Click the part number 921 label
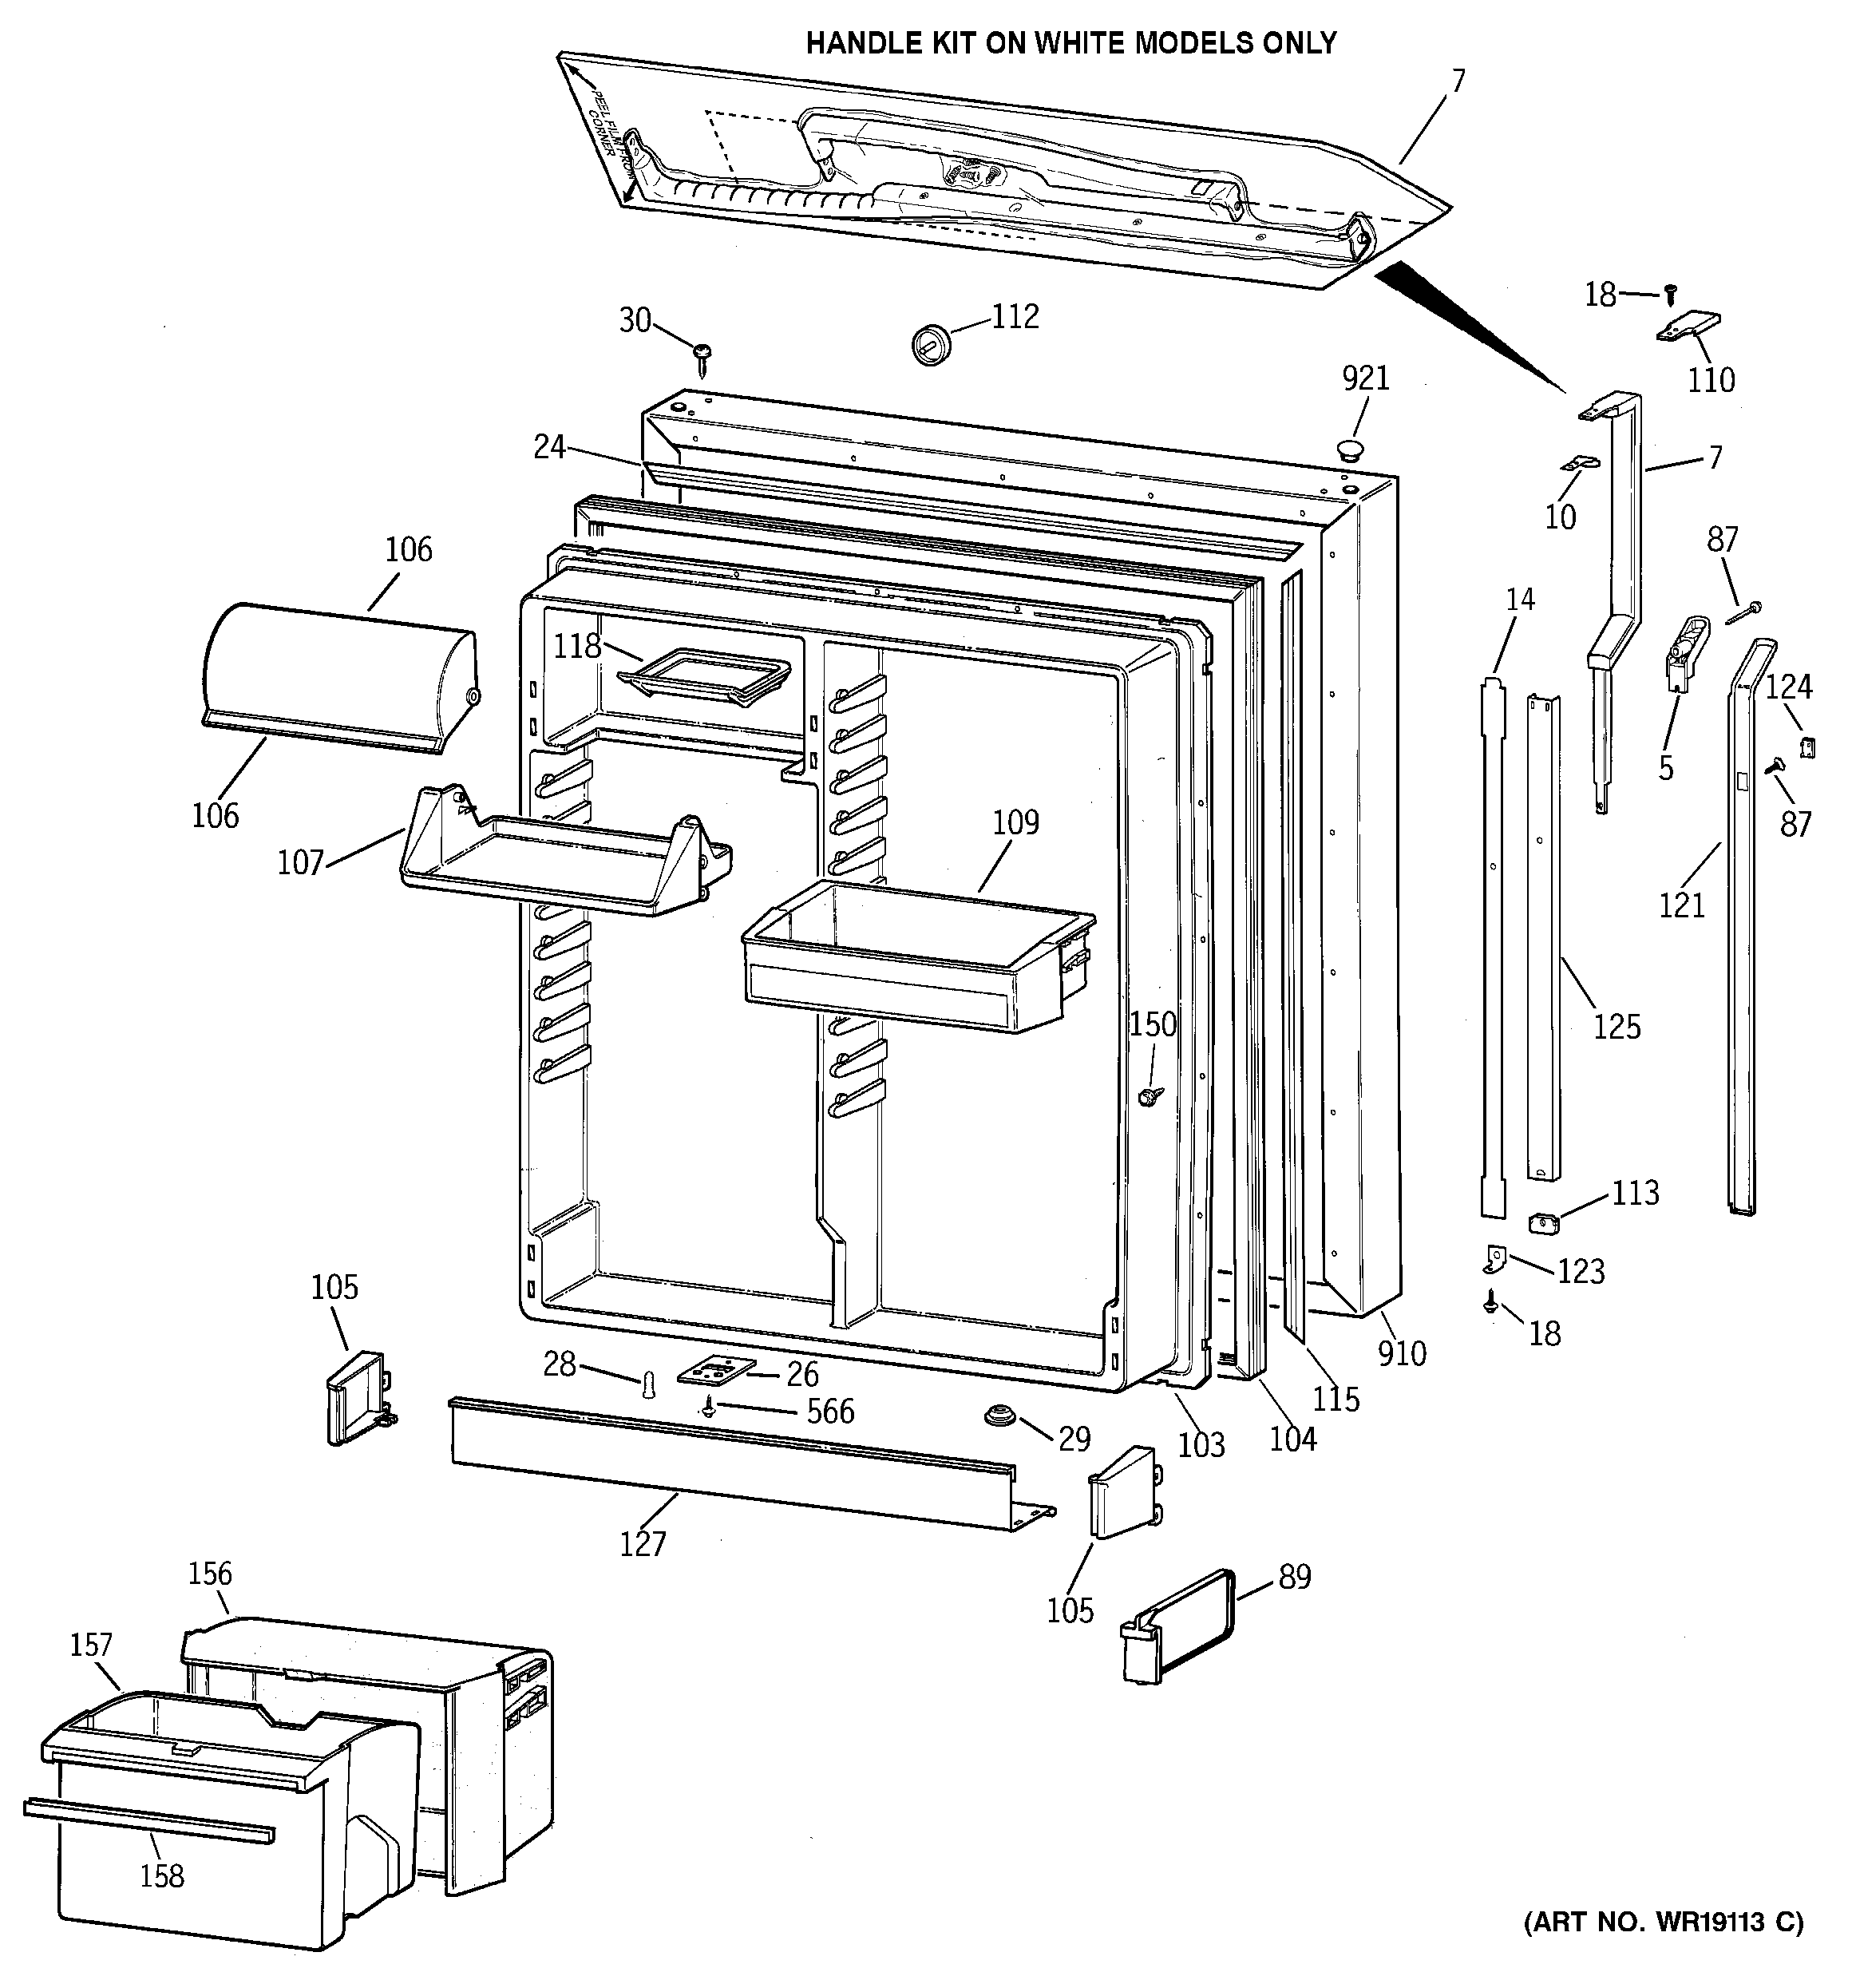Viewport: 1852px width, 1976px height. click(1366, 378)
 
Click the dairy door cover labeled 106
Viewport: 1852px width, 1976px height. click(338, 679)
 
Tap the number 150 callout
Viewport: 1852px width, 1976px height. click(1152, 1024)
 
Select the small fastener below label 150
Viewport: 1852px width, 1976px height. click(1150, 1096)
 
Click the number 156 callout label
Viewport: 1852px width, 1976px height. click(210, 1574)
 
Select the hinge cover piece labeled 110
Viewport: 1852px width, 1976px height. click(1689, 327)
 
